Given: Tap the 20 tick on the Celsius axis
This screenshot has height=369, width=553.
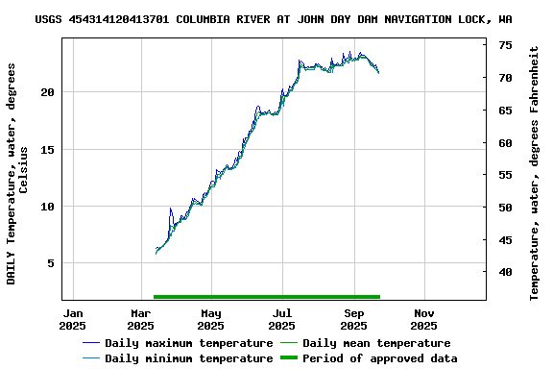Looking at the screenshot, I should click(x=47, y=92).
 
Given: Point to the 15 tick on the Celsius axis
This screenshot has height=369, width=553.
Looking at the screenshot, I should click(x=47, y=149).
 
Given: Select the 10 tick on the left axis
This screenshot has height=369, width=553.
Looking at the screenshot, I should click(x=47, y=206).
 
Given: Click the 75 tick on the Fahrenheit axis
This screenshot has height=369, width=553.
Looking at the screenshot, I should click(x=505, y=45).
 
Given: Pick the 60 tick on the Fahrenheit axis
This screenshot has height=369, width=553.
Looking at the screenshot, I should click(x=505, y=142).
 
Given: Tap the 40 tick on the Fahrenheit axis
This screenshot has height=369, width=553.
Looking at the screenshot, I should click(x=505, y=272).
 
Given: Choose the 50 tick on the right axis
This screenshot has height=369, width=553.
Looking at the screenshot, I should click(x=505, y=208).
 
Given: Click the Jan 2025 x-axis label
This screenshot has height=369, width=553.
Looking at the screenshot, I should click(x=73, y=319).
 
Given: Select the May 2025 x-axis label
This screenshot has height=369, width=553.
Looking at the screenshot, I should click(x=211, y=319).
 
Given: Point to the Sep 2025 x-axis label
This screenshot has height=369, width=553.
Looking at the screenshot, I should click(x=354, y=319).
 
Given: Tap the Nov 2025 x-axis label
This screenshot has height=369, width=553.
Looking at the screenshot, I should click(x=424, y=319).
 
